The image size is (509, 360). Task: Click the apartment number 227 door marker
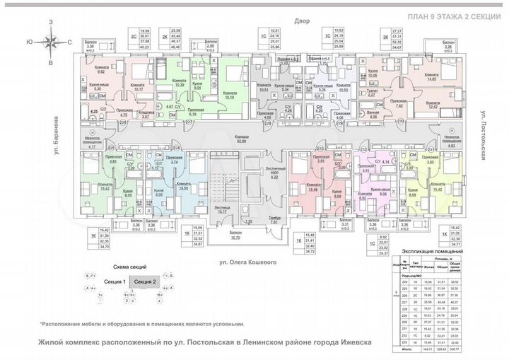pyautogui.click(x=189, y=122)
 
